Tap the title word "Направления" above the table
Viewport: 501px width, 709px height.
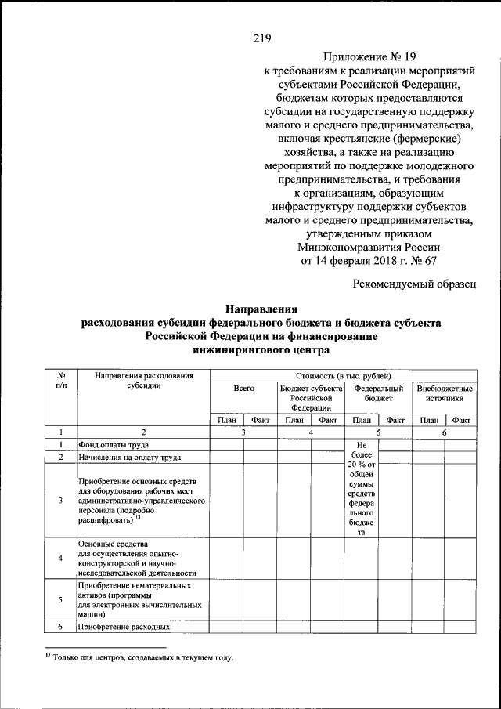[x=261, y=309]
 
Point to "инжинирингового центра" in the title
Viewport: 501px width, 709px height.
[x=261, y=349]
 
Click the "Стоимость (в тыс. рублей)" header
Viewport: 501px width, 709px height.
[x=342, y=377]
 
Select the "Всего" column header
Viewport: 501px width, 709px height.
[x=243, y=389]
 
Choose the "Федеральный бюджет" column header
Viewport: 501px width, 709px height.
[x=378, y=393]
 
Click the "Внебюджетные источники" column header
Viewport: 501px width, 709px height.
[x=444, y=393]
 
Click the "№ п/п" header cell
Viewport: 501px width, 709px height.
[x=60, y=382]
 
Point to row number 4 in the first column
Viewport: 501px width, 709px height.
[x=60, y=558]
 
